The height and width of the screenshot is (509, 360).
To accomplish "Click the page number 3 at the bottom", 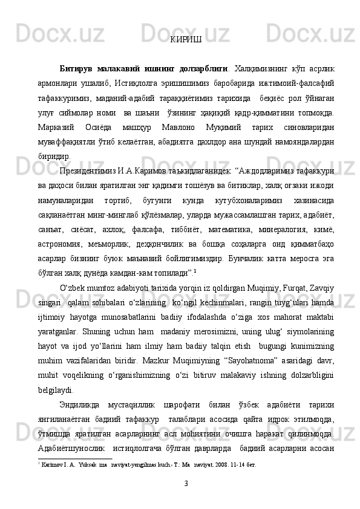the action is click(186, 482).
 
